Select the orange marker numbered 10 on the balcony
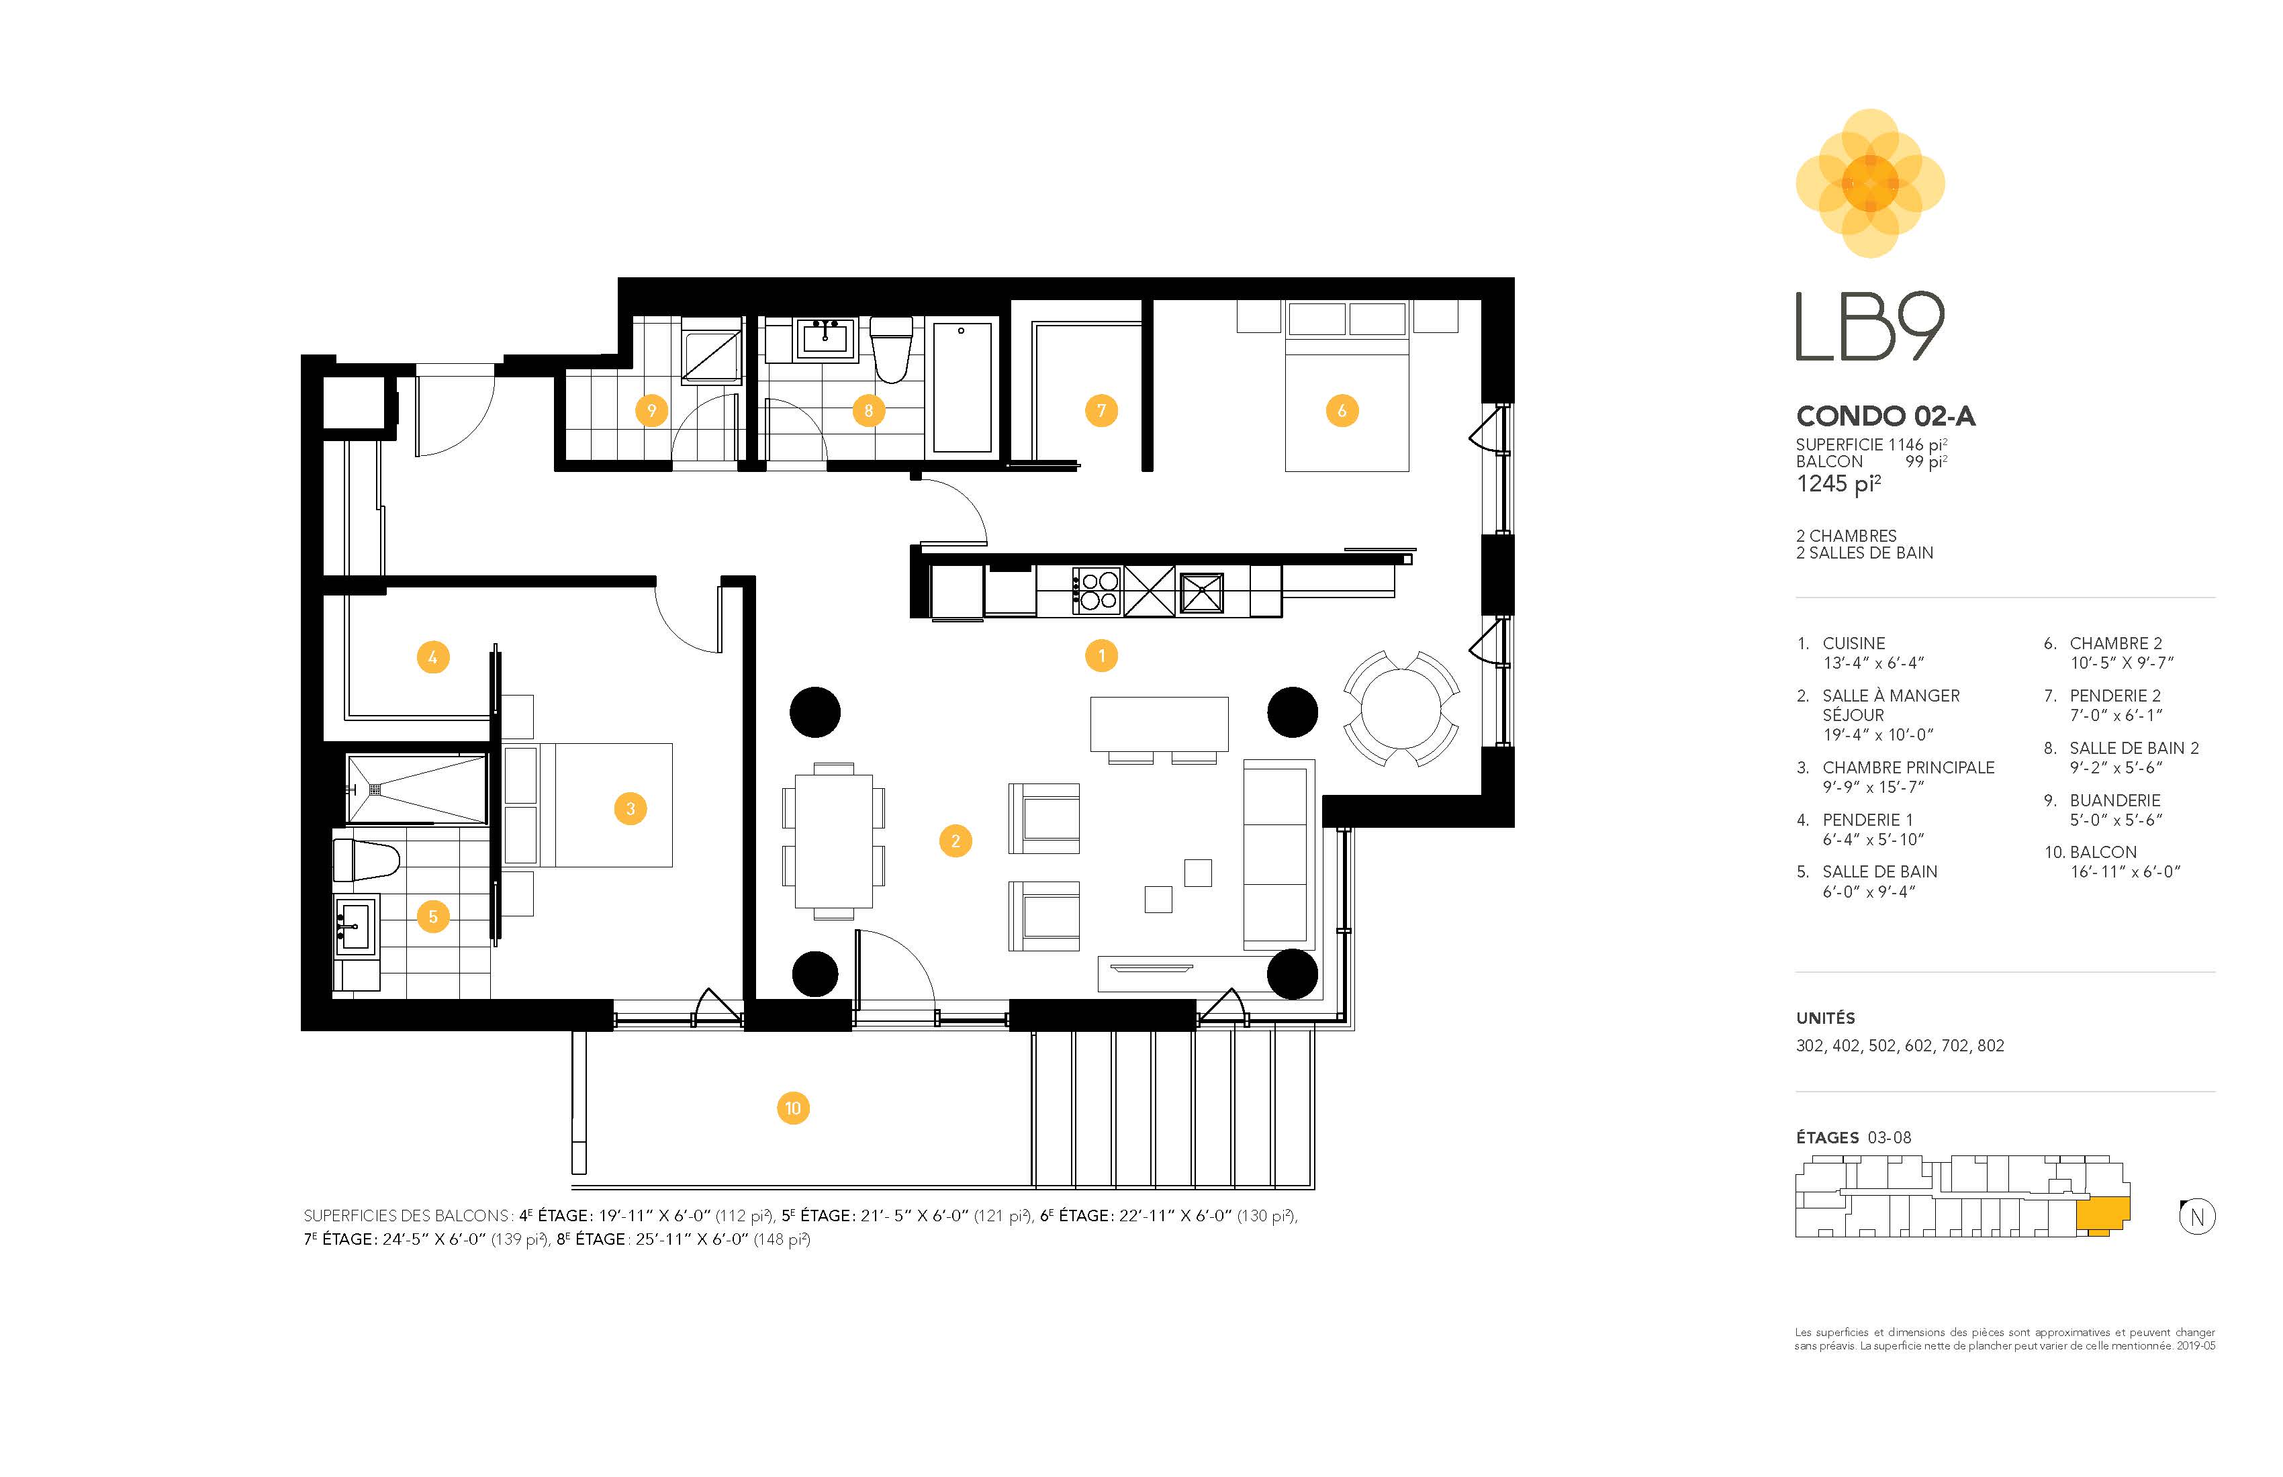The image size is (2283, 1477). point(792,1108)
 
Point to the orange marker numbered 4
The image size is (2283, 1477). point(432,658)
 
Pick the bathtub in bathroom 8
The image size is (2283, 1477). point(963,387)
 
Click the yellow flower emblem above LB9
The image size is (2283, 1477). point(1869,183)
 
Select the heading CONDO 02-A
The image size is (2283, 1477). point(1885,416)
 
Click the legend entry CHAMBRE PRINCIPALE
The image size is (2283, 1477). point(1908,767)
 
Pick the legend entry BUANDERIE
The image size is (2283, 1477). point(2115,800)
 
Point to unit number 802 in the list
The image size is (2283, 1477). point(1990,1045)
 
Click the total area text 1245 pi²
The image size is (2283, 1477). point(1838,483)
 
